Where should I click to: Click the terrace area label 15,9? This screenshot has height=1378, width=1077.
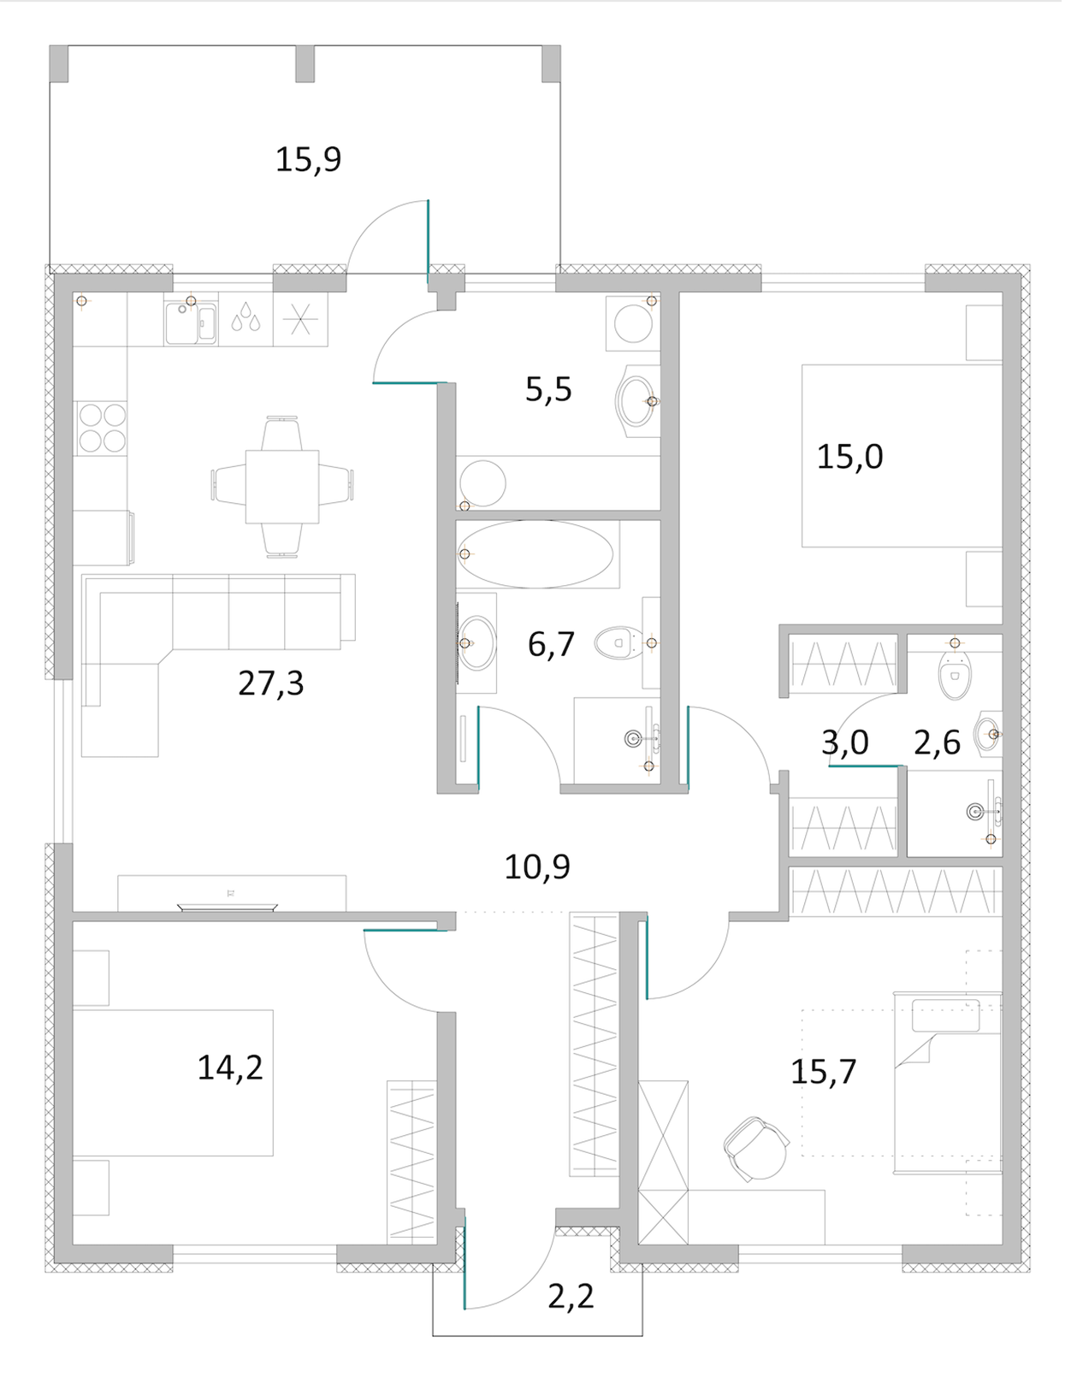point(308,159)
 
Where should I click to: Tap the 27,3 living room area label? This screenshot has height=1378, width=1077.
point(270,683)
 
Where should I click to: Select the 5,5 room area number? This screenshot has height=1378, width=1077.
point(548,389)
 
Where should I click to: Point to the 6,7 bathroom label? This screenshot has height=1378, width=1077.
point(551,644)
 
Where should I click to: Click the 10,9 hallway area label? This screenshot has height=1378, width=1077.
point(537,866)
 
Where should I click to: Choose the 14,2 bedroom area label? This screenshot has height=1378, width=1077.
point(230,1068)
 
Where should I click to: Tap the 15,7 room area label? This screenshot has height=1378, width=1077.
point(824,1072)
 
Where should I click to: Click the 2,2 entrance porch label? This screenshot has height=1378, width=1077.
point(571,1297)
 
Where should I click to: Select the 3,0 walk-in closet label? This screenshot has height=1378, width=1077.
point(844,742)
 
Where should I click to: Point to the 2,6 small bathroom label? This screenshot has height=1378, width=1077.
point(937,742)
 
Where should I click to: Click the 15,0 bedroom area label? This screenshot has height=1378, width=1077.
point(849,457)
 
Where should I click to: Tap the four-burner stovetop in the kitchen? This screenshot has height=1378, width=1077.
point(102,428)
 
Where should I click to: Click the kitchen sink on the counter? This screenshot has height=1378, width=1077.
point(191,323)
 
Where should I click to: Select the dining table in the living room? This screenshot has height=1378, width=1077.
point(282,487)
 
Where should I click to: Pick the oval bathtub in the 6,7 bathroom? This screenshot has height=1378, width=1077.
point(536,554)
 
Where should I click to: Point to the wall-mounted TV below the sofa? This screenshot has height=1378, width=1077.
point(228,908)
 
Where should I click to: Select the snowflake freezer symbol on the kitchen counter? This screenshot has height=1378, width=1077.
point(300,319)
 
